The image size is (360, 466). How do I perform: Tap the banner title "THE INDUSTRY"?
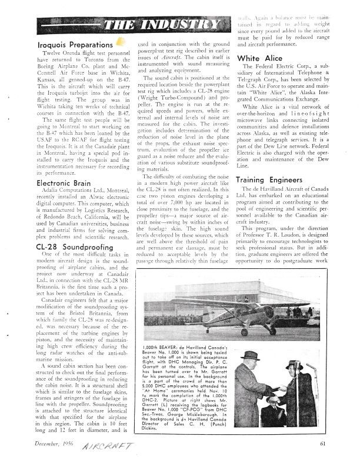[x=159, y=25]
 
